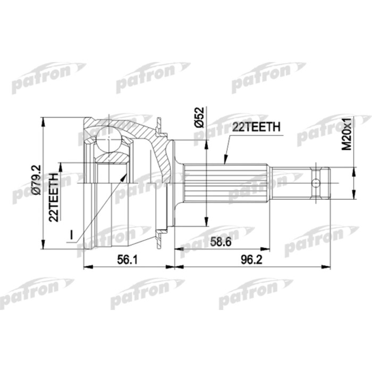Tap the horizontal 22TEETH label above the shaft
click(255, 126)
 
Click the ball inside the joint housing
click(108, 139)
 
